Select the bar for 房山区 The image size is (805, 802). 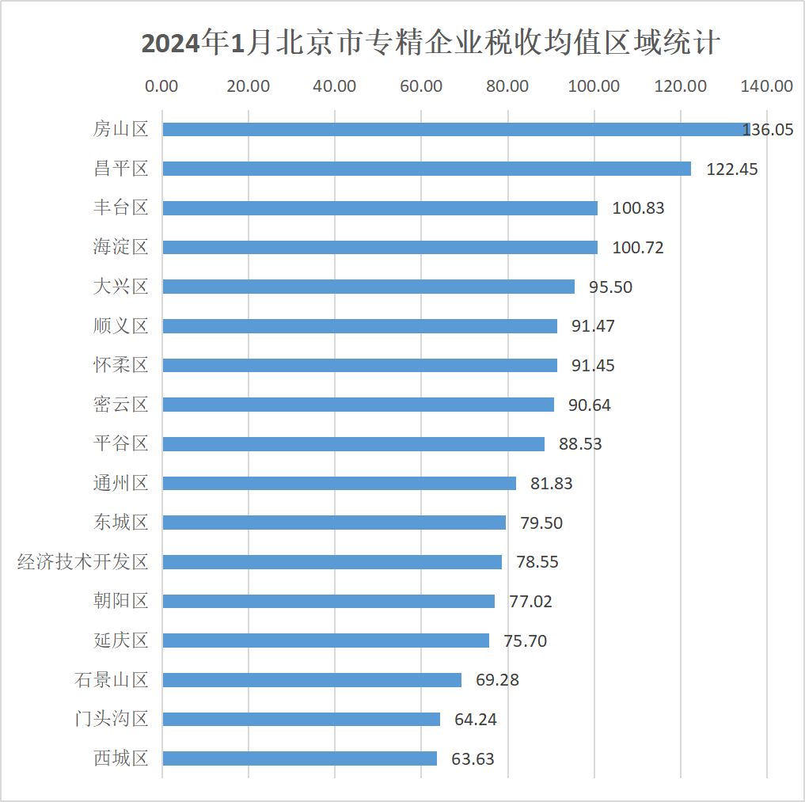pyautogui.click(x=455, y=129)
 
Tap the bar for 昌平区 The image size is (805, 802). pyautogui.click(x=427, y=169)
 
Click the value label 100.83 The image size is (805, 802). pyautogui.click(x=638, y=208)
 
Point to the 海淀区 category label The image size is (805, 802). pyautogui.click(x=121, y=247)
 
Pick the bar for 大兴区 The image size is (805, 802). pyautogui.click(x=369, y=287)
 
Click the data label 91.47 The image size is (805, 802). pyautogui.click(x=593, y=325)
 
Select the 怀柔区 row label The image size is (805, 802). pyautogui.click(x=121, y=365)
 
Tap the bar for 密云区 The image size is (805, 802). pyautogui.click(x=359, y=405)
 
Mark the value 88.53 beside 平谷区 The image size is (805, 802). pyautogui.click(x=580, y=443)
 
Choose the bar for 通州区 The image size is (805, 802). pyautogui.click(x=340, y=483)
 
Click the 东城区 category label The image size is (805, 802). pyautogui.click(x=121, y=523)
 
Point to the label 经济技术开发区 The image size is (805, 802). pyautogui.click(x=83, y=562)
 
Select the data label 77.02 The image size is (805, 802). pyautogui.click(x=530, y=601)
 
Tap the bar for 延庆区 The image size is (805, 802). pyautogui.click(x=326, y=640)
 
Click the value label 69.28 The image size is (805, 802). pyautogui.click(x=497, y=679)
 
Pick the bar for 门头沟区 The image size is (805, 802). pyautogui.click(x=302, y=719)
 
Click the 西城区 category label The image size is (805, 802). pyautogui.click(x=121, y=758)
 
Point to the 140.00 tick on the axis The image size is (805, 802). pyautogui.click(x=767, y=86)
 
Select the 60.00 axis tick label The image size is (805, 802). pyautogui.click(x=421, y=86)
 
